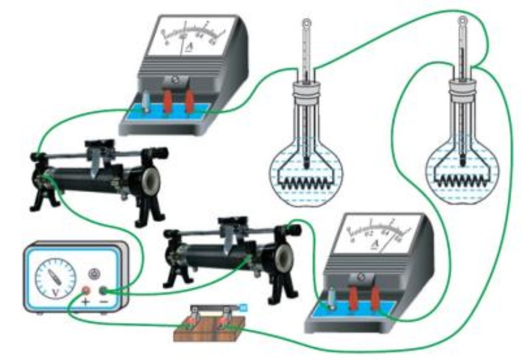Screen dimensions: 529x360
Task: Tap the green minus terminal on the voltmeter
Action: coord(104,290)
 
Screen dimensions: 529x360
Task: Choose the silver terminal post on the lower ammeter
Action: coord(332,299)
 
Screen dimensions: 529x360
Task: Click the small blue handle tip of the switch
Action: coord(244,308)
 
